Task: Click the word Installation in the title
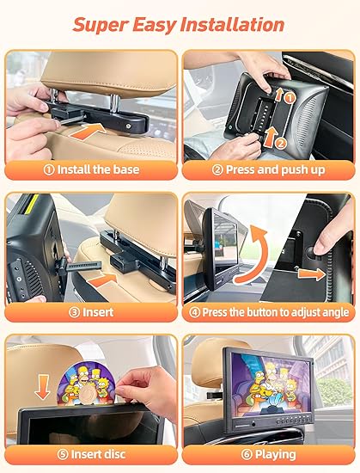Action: [x=232, y=24]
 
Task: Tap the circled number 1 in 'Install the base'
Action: [x=49, y=169]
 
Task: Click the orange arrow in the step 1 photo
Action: [x=88, y=132]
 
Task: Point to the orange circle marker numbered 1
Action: [x=290, y=98]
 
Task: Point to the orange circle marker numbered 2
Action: [x=281, y=144]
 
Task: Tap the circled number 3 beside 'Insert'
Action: [x=74, y=312]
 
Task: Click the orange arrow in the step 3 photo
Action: [x=104, y=280]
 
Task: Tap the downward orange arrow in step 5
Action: [x=42, y=387]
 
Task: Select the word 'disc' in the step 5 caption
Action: [x=114, y=454]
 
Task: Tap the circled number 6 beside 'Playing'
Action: [x=247, y=455]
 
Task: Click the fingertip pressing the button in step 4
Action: [x=320, y=248]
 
